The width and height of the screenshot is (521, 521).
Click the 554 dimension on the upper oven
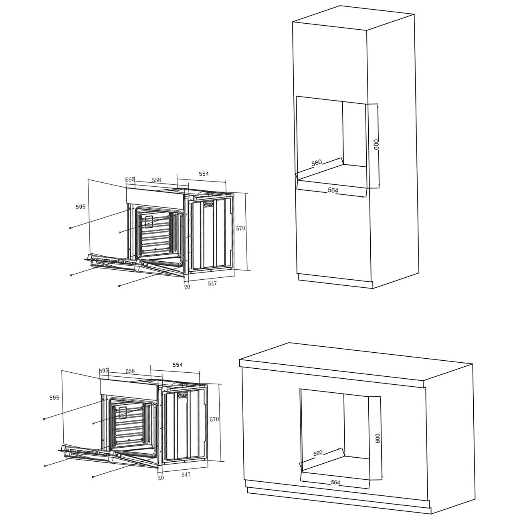[204, 174]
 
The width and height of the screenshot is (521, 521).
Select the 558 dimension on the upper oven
[156, 180]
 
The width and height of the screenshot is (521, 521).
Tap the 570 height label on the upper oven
[240, 228]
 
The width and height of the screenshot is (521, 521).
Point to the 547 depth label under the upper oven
[212, 283]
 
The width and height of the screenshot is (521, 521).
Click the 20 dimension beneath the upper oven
[187, 287]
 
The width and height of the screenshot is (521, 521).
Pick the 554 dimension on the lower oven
[178, 365]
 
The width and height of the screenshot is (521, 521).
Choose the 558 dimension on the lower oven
[130, 371]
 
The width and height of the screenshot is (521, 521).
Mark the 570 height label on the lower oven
[214, 419]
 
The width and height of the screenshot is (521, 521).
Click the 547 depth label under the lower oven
[186, 474]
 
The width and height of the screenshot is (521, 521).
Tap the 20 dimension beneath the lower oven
[161, 478]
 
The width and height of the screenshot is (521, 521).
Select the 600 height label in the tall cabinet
[377, 144]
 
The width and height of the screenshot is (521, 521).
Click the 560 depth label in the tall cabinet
[317, 163]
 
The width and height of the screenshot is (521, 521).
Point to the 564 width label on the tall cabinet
[333, 190]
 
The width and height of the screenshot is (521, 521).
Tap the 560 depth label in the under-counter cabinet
[318, 453]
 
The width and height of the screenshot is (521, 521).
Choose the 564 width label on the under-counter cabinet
[335, 482]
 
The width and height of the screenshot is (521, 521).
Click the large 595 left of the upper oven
[81, 206]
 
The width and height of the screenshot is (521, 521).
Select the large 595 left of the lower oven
[54, 398]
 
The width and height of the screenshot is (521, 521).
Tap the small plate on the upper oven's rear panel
[208, 204]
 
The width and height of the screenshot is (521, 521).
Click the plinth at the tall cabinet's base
[335, 281]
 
